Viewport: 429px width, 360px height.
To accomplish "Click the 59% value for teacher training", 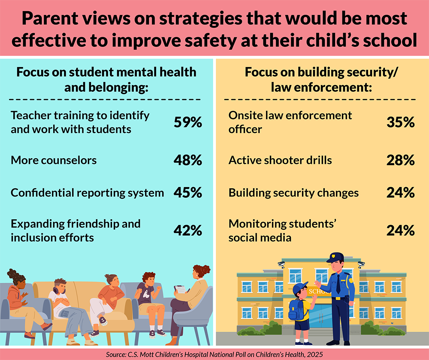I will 187,122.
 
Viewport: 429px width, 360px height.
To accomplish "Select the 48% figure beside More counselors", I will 187,160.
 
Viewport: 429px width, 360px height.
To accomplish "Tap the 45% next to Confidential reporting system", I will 187,193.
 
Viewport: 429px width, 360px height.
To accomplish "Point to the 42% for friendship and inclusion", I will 187,230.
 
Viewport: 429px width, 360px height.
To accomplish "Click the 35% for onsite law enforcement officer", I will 400,122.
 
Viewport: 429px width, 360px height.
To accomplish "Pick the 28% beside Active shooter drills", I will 400,160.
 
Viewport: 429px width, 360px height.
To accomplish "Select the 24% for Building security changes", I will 400,193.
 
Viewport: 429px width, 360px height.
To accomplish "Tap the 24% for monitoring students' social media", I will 400,230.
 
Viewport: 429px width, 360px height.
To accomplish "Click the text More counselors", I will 54,160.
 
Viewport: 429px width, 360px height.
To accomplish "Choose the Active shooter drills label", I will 280,160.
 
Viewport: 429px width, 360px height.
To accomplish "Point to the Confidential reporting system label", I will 87,193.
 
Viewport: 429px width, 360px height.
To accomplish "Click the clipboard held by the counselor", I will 180,290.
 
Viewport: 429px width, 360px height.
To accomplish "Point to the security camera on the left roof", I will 281,263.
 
